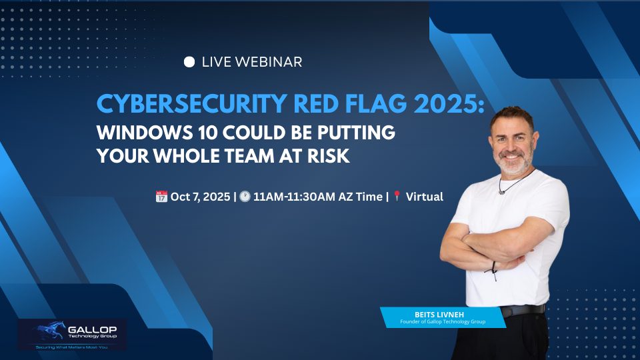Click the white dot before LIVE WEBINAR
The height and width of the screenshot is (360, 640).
(189, 62)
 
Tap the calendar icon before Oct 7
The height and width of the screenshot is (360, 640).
(161, 197)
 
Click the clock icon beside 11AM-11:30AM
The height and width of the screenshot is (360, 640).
(245, 197)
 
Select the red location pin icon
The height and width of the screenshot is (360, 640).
(397, 197)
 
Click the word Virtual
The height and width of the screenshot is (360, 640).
(425, 197)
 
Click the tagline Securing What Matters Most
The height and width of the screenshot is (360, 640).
(71, 347)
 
